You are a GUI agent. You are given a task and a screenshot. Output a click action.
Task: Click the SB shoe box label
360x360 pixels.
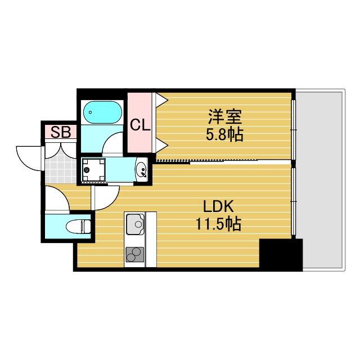61,132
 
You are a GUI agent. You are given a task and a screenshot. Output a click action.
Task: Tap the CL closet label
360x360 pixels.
140,124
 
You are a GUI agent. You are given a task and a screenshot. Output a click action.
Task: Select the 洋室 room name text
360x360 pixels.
224,118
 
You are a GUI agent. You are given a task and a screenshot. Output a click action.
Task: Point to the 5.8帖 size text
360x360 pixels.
224,135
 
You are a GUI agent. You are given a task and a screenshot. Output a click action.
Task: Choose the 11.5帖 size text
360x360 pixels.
218,224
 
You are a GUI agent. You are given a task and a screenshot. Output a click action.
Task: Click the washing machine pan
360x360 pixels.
94,170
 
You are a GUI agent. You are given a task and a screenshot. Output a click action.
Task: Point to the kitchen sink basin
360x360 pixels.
134,226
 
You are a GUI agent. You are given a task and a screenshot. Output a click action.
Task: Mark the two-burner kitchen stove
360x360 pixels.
134,255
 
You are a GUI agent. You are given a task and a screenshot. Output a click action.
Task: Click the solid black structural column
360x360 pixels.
280,254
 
